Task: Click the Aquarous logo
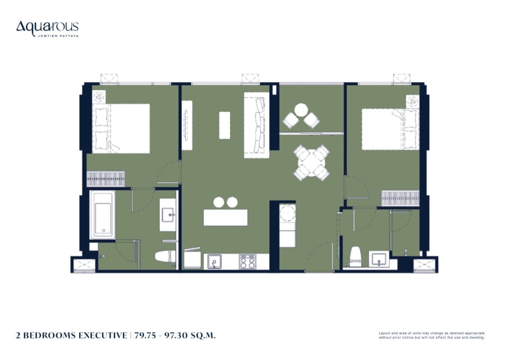pos(48,29)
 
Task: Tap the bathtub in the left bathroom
pos(102,215)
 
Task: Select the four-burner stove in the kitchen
pos(247,261)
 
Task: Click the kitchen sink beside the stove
pos(213,261)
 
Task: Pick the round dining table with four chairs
pos(311,162)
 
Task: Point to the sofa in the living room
pos(256,125)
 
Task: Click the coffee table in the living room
pos(224,125)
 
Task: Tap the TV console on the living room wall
pos(187,125)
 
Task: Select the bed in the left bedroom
pos(121,128)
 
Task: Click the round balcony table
pos(301,110)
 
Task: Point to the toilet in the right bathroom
pos(356,257)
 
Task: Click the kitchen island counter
pos(225,217)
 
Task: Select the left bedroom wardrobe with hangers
pos(106,179)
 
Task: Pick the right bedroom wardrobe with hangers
pos(400,198)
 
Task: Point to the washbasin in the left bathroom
pos(168,215)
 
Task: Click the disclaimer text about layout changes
pos(431,335)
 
